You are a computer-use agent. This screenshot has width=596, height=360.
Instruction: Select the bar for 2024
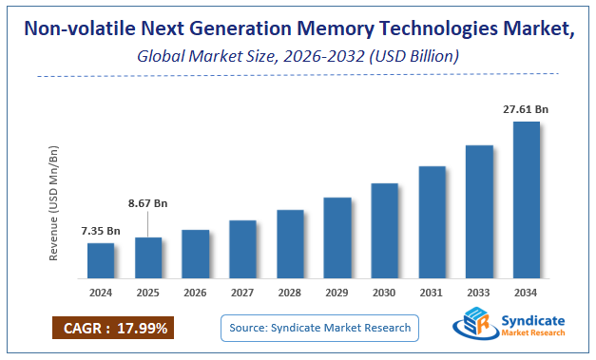pyautogui.click(x=101, y=261)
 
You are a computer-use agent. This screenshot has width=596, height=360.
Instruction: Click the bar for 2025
pyautogui.click(x=148, y=258)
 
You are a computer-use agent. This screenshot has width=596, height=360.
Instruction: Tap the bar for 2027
pyautogui.click(x=242, y=250)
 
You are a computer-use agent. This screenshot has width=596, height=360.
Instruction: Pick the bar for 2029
pyautogui.click(x=337, y=238)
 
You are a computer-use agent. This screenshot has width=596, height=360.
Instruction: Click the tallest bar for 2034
pyautogui.click(x=526, y=200)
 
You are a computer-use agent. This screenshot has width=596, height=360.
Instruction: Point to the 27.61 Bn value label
pyautogui.click(x=526, y=110)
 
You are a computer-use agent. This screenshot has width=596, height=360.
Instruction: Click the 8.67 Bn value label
pyautogui.click(x=148, y=203)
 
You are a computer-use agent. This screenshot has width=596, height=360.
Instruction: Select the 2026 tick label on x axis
pyautogui.click(x=196, y=293)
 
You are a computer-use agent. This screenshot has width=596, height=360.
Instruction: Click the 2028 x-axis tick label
pyautogui.click(x=290, y=293)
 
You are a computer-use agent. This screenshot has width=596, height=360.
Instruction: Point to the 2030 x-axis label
pyautogui.click(x=384, y=293)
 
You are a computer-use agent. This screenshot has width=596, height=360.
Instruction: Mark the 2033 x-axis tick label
pyautogui.click(x=479, y=293)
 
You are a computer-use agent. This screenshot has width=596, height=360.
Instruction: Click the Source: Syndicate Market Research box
pyautogui.click(x=319, y=328)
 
